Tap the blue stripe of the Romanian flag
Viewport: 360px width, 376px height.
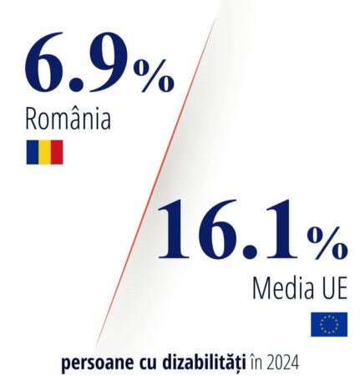coord(32,151)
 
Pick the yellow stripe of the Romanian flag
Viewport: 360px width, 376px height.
coord(44,151)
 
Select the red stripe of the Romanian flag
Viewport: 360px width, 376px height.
coord(57,151)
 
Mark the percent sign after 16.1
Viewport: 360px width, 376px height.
coord(327,243)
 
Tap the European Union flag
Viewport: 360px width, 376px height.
coord(329,324)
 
